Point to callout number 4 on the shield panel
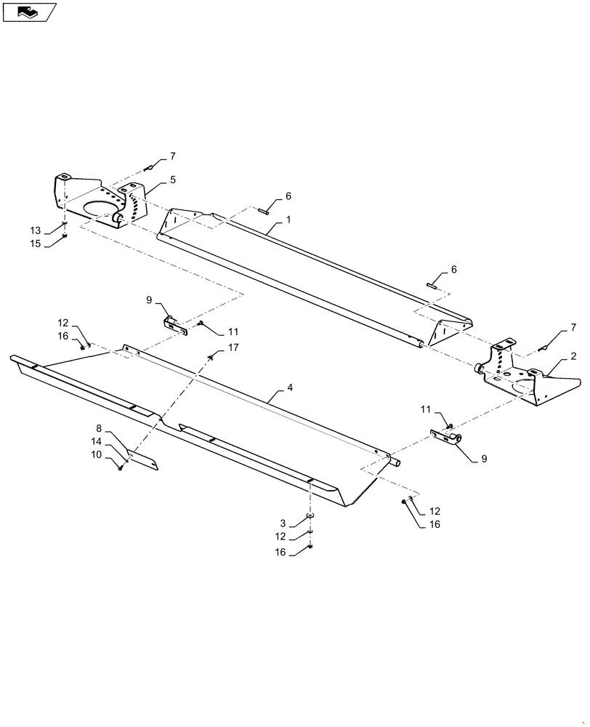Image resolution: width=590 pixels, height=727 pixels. pyautogui.click(x=290, y=388)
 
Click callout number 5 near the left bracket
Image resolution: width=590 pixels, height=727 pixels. pyautogui.click(x=172, y=178)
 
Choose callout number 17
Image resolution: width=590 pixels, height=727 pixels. pyautogui.click(x=233, y=348)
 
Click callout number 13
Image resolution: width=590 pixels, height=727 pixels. pyautogui.click(x=36, y=230)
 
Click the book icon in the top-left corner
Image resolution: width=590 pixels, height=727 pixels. pyautogui.click(x=29, y=12)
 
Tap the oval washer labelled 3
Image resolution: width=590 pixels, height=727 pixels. pyautogui.click(x=310, y=515)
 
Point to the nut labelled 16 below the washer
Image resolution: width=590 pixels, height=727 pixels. pyautogui.click(x=310, y=546)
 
